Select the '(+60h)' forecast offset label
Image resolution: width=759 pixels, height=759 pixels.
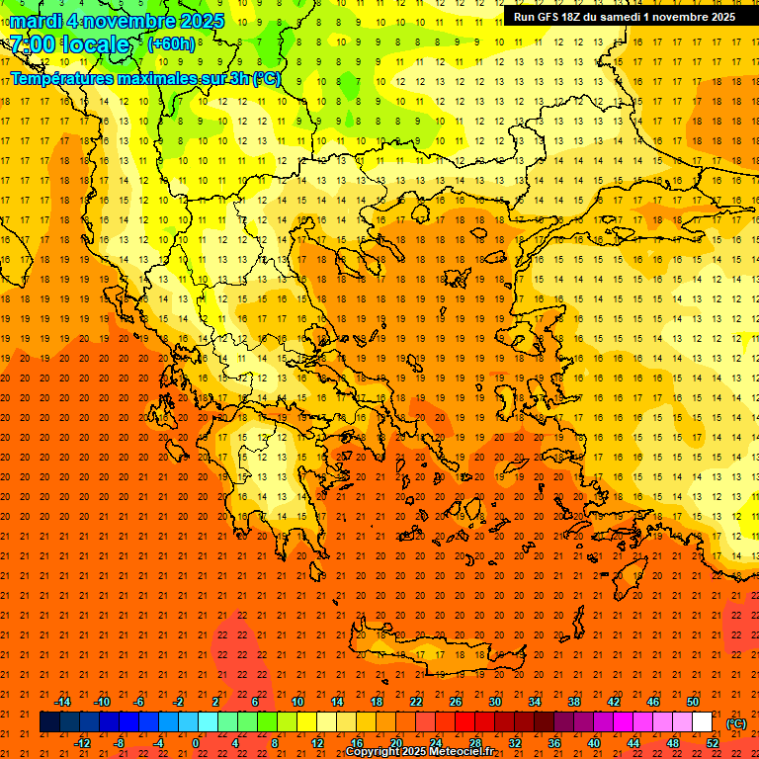coord(171,44)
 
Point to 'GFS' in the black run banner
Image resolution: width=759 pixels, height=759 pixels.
coord(552,17)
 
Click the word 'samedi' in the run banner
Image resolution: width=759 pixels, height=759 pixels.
coord(623,17)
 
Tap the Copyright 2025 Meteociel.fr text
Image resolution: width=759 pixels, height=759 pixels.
coord(419,752)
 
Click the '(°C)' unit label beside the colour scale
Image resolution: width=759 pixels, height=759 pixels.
coord(736,723)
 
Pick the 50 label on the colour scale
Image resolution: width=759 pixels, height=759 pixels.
coord(693,702)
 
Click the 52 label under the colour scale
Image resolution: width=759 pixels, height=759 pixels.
coord(713,743)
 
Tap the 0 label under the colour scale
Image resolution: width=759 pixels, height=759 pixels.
coord(196,743)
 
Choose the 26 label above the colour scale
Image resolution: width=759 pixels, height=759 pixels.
coord(456,702)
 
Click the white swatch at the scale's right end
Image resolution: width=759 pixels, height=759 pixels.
coord(703,722)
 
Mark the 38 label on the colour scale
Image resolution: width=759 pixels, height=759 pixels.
coord(574,702)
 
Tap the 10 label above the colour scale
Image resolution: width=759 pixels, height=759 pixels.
coord(296,702)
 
